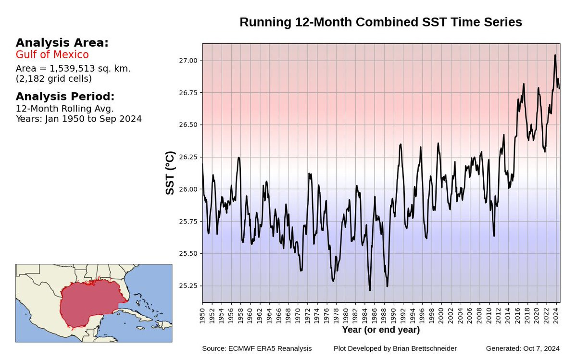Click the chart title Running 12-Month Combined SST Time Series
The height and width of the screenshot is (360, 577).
click(x=380, y=22)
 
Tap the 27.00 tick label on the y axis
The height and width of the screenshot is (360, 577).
click(x=188, y=61)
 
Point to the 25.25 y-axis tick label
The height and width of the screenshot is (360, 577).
click(x=188, y=286)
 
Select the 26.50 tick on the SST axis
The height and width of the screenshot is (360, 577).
click(x=188, y=125)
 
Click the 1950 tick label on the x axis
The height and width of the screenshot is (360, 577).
click(x=202, y=315)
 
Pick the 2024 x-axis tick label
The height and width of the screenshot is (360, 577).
click(x=555, y=315)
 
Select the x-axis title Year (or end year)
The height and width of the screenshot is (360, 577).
click(x=381, y=330)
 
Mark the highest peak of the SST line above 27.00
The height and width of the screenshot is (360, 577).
click(x=555, y=56)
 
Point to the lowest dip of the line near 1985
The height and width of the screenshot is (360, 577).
click(x=370, y=290)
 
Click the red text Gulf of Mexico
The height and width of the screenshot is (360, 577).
click(x=52, y=54)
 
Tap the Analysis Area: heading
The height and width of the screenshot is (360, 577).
click(x=62, y=43)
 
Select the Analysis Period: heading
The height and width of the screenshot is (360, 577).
click(x=65, y=96)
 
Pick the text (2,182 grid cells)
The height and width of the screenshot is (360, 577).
click(x=54, y=78)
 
